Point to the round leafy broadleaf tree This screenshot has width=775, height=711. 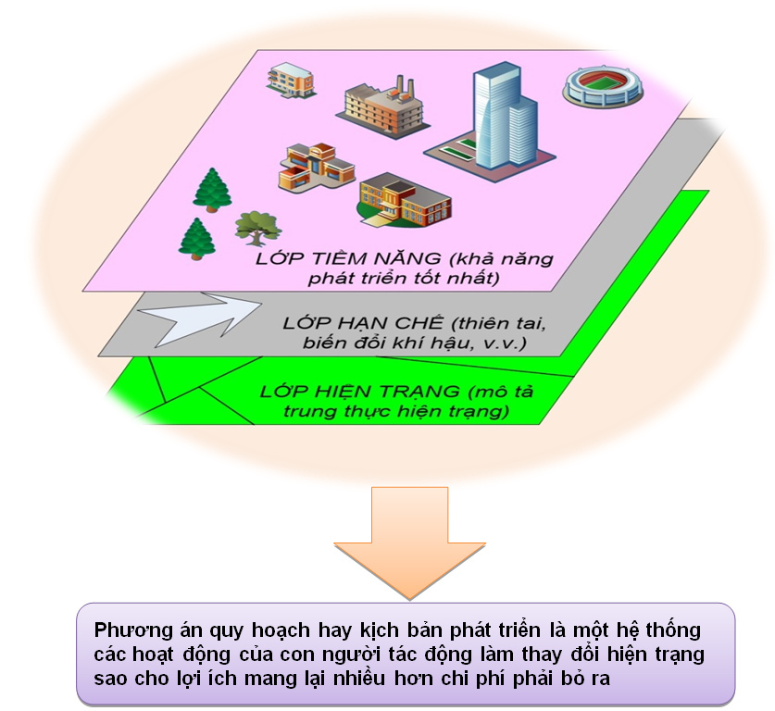[255, 225]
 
